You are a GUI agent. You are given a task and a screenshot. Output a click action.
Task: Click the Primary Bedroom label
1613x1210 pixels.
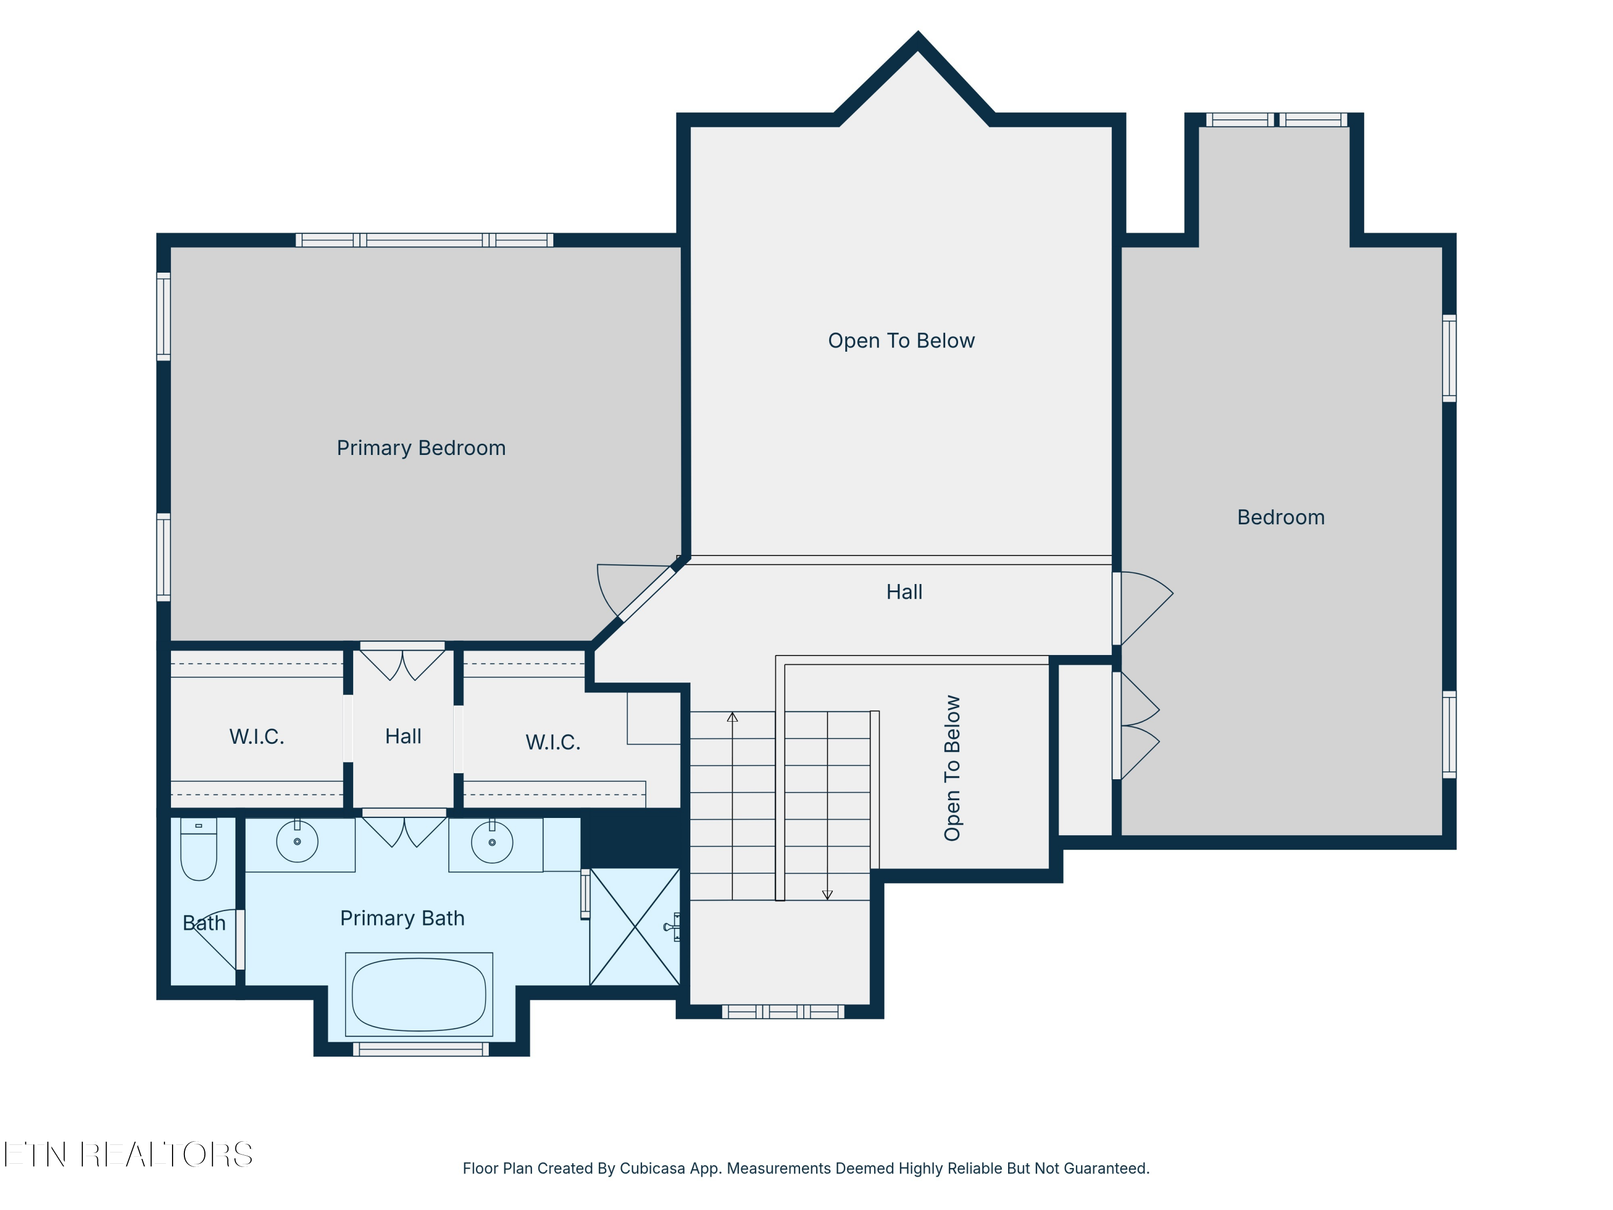point(421,448)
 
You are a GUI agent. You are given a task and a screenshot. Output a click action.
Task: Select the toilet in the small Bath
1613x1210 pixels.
point(198,849)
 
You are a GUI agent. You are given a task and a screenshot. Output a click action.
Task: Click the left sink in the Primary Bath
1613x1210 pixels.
point(297,841)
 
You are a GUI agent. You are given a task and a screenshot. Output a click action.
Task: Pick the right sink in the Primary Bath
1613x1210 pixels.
point(492,842)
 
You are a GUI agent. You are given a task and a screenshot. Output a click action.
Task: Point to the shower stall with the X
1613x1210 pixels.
point(635,926)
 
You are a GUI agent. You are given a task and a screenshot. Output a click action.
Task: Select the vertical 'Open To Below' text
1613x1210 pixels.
point(952,768)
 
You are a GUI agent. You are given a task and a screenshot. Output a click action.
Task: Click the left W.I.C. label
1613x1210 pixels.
point(256,737)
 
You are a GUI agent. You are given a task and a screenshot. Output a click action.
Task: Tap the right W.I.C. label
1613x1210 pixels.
point(553,743)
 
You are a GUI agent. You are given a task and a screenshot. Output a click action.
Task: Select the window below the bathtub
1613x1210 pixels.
point(421,1049)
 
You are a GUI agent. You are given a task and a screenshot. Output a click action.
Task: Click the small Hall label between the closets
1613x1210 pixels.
point(403,737)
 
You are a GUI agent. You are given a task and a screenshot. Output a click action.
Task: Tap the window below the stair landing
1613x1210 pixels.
point(783,1012)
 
